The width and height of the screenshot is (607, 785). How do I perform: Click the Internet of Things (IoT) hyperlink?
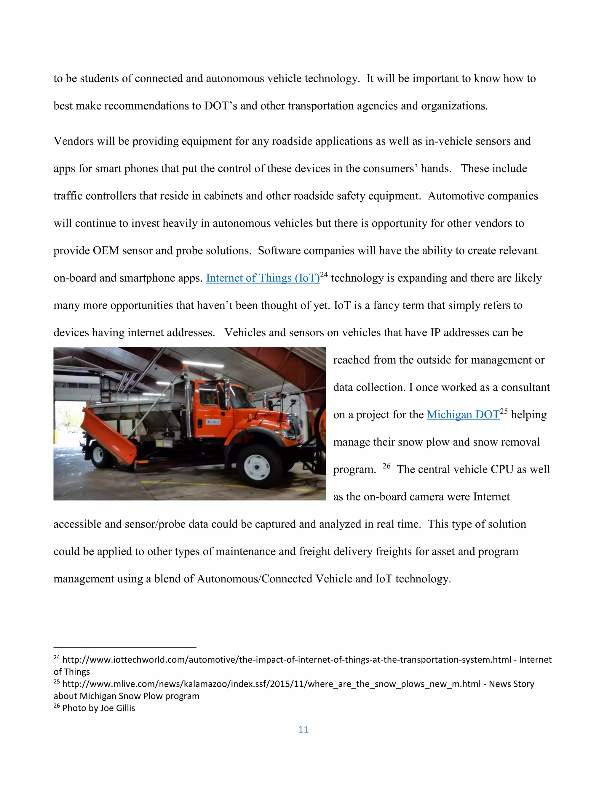pos(263,278)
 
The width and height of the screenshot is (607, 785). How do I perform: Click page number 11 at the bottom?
pos(303,730)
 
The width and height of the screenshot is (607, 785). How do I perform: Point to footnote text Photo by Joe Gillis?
pos(98,708)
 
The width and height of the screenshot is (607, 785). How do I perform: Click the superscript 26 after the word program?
pos(386,466)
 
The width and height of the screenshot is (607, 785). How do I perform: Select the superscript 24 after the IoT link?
pos(324,275)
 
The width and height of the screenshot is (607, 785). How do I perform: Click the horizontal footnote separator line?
pos(125,648)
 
